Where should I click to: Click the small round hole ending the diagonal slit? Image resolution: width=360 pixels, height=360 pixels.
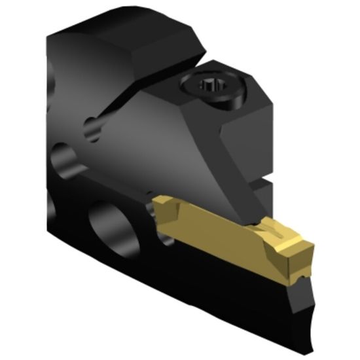click(94, 127)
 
